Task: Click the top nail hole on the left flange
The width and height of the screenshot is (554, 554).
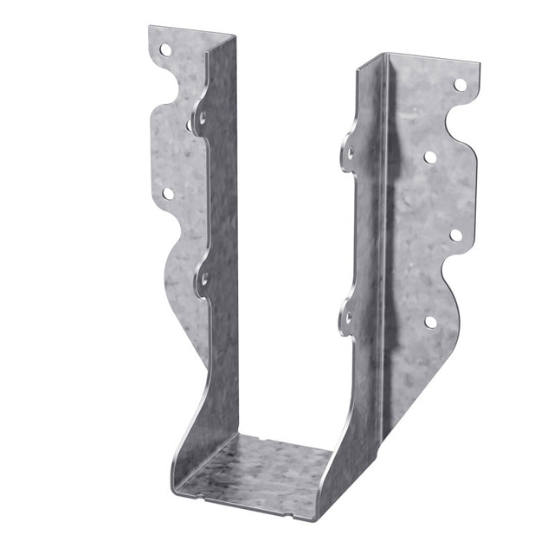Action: click(164, 49)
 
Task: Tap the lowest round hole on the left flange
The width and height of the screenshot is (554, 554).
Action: click(167, 194)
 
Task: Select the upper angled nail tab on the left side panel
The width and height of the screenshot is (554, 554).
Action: click(201, 116)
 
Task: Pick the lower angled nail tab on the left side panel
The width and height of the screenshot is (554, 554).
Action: click(204, 279)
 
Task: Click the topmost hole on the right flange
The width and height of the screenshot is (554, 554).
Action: click(460, 85)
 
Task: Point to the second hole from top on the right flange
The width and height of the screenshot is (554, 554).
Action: click(429, 157)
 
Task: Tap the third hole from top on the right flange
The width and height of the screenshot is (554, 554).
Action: click(455, 235)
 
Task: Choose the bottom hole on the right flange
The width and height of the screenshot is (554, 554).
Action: click(430, 321)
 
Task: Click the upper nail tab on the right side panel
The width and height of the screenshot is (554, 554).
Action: click(349, 153)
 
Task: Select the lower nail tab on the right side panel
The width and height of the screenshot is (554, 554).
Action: click(347, 318)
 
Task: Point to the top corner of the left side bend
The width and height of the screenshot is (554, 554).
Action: click(235, 37)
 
